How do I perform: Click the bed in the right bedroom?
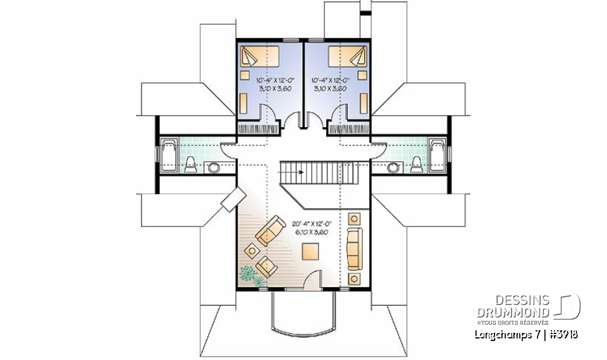point(348,57)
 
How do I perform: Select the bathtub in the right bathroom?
point(437,154)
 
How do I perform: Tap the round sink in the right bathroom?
point(394,168)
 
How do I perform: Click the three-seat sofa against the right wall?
point(354,247)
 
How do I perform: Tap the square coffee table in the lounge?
point(311,252)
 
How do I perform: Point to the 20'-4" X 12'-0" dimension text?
point(311,224)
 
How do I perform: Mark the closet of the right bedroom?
point(348,128)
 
